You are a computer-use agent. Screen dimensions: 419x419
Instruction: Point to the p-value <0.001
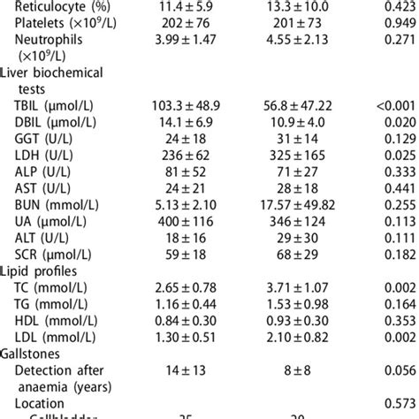(x=395, y=105)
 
